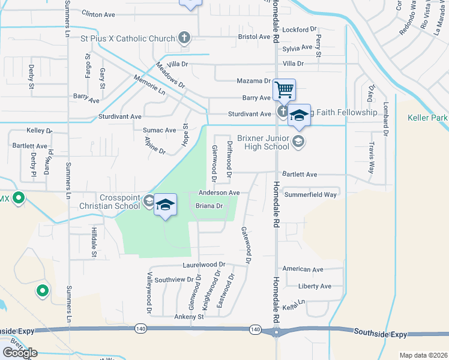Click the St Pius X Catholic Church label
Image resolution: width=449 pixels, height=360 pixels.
pyautogui.click(x=127, y=38)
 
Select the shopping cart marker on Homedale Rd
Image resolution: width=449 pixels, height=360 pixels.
pyautogui.click(x=284, y=90)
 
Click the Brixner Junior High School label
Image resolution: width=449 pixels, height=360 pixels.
pyautogui.click(x=263, y=142)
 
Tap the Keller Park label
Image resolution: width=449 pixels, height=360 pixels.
pyautogui.click(x=427, y=118)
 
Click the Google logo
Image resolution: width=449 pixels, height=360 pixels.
pyautogui.click(x=20, y=353)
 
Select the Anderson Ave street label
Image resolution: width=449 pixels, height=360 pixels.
pyautogui.click(x=219, y=193)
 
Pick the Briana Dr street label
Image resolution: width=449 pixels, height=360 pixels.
pyautogui.click(x=209, y=206)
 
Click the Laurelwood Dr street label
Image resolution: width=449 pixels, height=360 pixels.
pyautogui.click(x=204, y=264)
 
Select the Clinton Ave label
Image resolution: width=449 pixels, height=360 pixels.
pyautogui.click(x=98, y=13)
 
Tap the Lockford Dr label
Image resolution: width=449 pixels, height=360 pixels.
pyautogui.click(x=300, y=29)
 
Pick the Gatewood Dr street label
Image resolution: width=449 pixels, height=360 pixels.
pyautogui.click(x=245, y=245)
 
